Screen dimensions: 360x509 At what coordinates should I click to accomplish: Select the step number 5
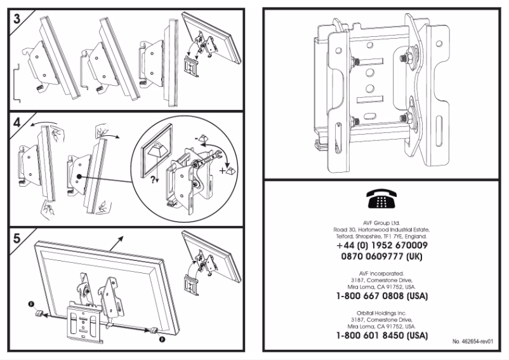coord(16,238)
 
